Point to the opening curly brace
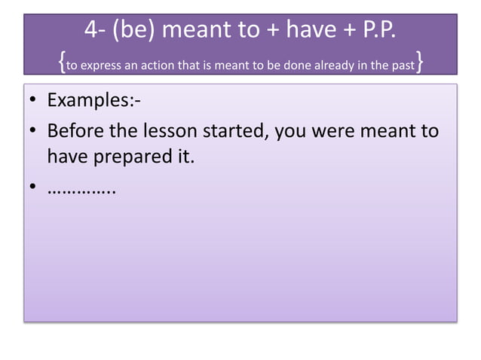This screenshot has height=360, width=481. click(x=61, y=63)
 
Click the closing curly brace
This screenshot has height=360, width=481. click(x=418, y=63)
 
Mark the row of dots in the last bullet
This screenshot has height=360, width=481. click(x=81, y=187)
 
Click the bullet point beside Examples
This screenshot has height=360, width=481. click(x=34, y=100)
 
